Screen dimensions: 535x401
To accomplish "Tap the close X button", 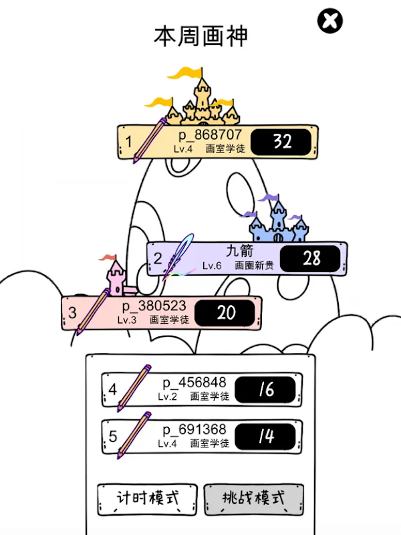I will pyautogui.click(x=329, y=21).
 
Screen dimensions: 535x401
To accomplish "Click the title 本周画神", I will pyautogui.click(x=201, y=36).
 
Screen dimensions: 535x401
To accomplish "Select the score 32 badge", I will pyautogui.click(x=282, y=142).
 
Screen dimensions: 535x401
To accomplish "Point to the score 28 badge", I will pyautogui.click(x=311, y=259).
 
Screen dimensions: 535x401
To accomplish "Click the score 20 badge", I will pyautogui.click(x=226, y=313).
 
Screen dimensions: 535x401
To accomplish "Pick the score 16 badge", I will pyautogui.click(x=266, y=389).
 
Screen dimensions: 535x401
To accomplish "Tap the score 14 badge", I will pyautogui.click(x=266, y=436).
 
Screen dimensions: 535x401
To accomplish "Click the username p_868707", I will pyautogui.click(x=209, y=135).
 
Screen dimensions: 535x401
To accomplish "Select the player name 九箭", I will pyautogui.click(x=239, y=251).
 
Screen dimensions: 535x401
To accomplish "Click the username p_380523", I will pyautogui.click(x=154, y=306).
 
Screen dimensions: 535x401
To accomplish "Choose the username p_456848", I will pyautogui.click(x=194, y=383).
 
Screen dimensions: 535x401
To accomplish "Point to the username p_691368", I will pyautogui.click(x=194, y=429).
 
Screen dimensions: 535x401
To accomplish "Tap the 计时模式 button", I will pyautogui.click(x=148, y=498).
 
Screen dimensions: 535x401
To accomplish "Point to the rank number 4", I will pyautogui.click(x=113, y=390).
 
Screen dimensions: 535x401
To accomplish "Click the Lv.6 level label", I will pyautogui.click(x=211, y=265).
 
